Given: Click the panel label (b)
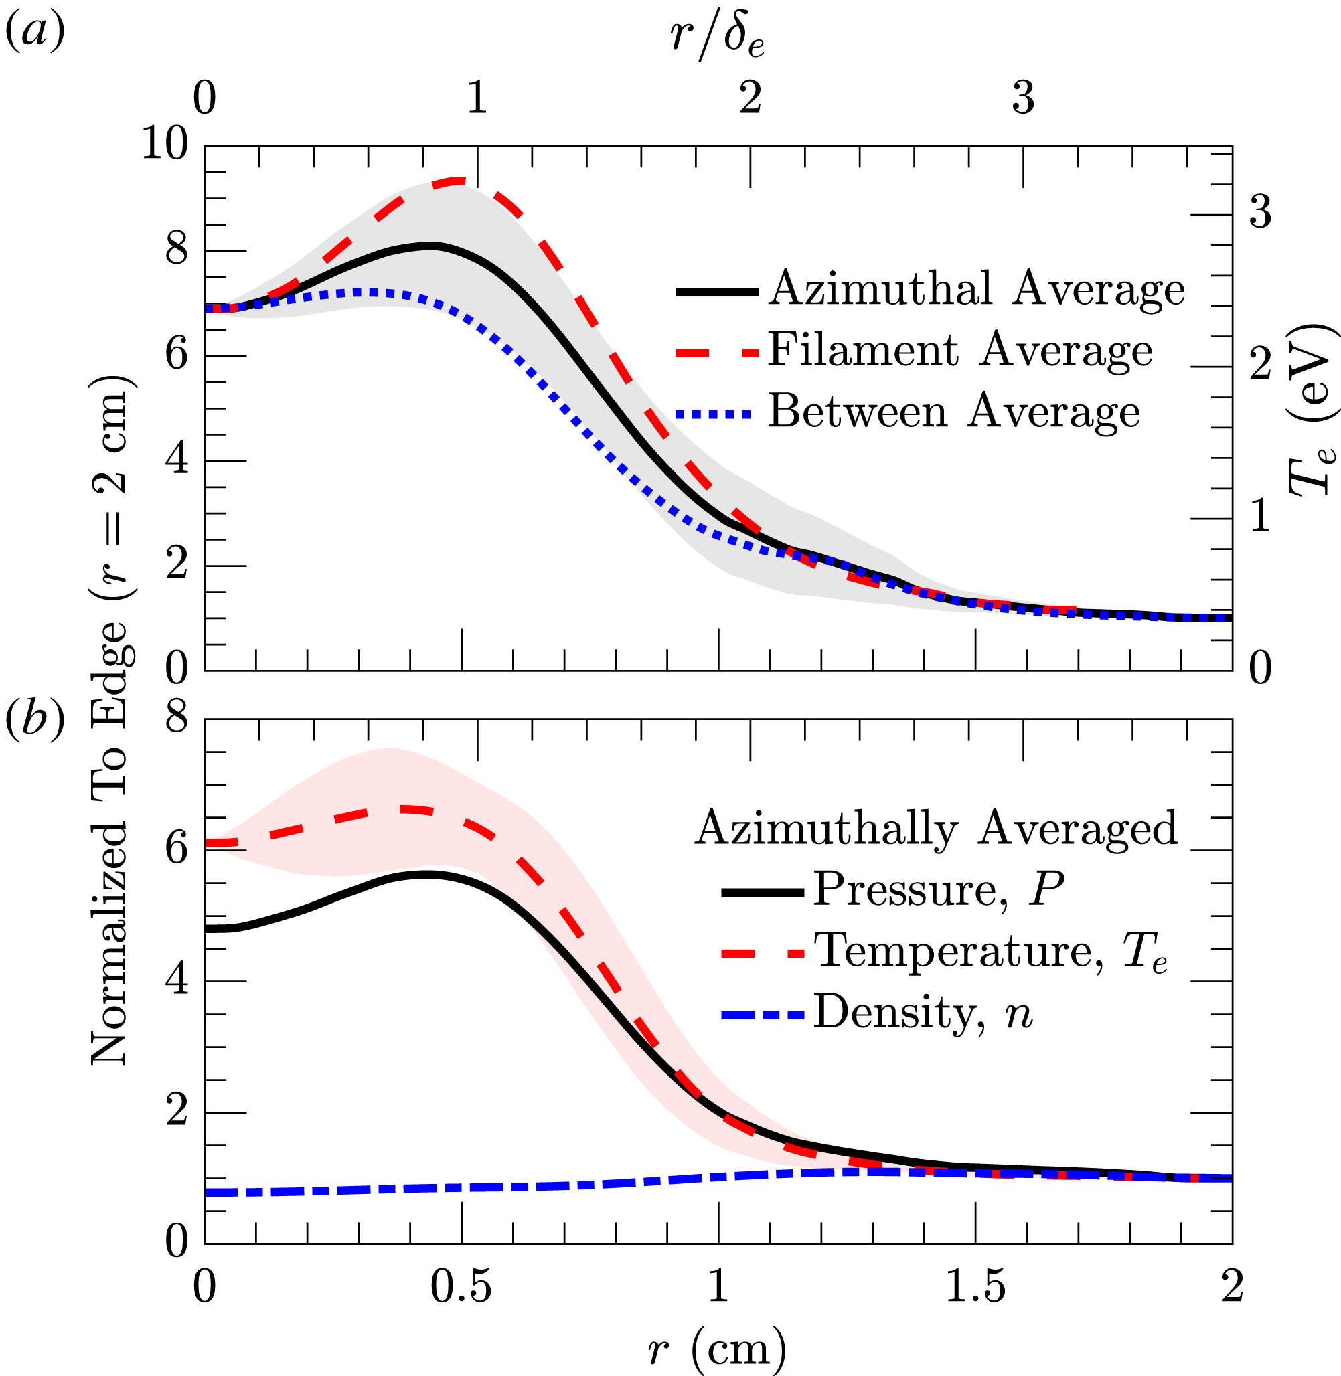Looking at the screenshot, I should (35, 719).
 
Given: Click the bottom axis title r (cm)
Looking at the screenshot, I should (717, 1347).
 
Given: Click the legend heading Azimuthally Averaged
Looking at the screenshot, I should (936, 828).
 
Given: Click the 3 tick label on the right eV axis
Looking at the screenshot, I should (1260, 212).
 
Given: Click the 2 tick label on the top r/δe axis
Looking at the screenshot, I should (750, 98).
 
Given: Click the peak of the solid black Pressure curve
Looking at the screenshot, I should (426, 875).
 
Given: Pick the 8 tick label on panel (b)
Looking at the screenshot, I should (177, 718).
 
